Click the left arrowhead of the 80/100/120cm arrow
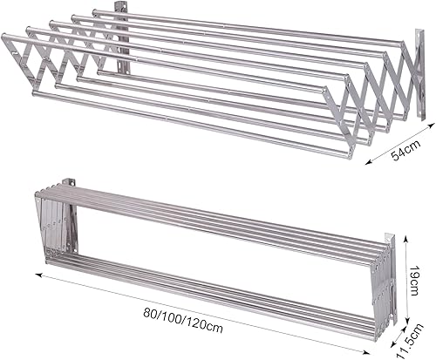[x=39, y=275]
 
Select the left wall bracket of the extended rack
[x=125, y=39]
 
